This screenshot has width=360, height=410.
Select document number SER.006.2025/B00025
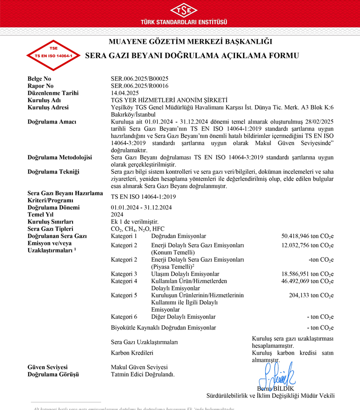click(x=139, y=79)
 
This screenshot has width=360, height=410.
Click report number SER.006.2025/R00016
click(x=139, y=86)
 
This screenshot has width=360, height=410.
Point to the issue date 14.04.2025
click(x=125, y=93)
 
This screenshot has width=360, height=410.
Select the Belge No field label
click(x=39, y=79)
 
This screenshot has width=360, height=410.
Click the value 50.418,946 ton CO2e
click(x=308, y=236)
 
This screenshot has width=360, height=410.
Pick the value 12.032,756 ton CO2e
click(x=308, y=245)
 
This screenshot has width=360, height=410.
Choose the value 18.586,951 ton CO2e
click(x=308, y=274)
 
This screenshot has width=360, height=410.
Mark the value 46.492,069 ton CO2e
click(x=308, y=281)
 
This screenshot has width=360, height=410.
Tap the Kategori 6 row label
click(x=124, y=317)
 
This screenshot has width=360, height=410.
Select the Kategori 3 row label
click(x=124, y=274)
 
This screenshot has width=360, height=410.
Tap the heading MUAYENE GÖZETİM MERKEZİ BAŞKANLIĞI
click(x=190, y=42)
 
